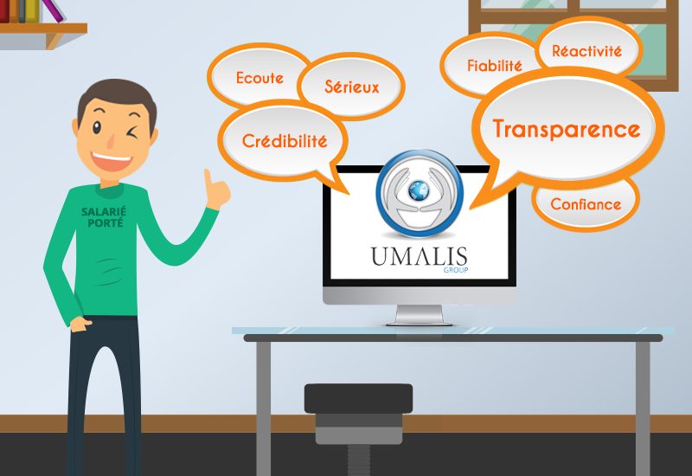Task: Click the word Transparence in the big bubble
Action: point(567,129)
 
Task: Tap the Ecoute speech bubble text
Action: point(259,78)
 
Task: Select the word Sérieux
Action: point(352,87)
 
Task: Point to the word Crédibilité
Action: point(285,141)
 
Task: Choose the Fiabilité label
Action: point(494,66)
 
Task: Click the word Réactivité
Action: point(586,51)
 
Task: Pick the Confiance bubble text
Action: point(586,204)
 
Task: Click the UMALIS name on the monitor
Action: point(419,256)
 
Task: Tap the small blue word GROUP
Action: point(456,270)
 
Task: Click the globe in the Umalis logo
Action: point(419,190)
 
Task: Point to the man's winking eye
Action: point(131,132)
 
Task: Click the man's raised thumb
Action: point(208,177)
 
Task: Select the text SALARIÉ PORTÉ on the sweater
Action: point(104,217)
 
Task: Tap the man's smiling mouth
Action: point(112,161)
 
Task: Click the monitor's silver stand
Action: point(419,316)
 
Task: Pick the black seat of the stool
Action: point(358,398)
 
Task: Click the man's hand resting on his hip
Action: point(80,324)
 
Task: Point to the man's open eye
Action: point(97,127)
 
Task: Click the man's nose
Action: point(112,140)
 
